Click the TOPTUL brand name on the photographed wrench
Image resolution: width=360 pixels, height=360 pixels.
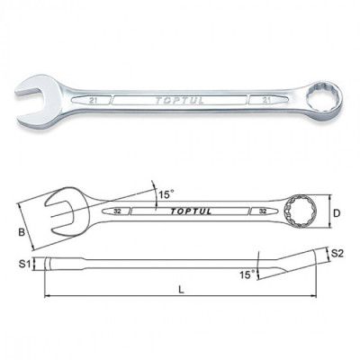click(x=179, y=101)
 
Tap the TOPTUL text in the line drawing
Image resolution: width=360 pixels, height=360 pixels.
click(x=191, y=211)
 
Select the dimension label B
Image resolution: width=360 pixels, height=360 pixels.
click(x=22, y=232)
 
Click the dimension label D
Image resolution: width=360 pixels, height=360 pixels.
click(x=337, y=213)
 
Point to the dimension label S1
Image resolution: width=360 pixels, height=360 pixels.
click(x=24, y=264)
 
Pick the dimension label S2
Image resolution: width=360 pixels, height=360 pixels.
click(x=337, y=254)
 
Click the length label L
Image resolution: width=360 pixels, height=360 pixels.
click(x=181, y=290)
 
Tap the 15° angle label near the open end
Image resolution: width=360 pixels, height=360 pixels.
click(x=166, y=194)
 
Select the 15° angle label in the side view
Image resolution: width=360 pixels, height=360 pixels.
click(x=247, y=274)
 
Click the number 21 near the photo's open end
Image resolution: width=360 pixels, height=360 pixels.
click(x=93, y=101)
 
